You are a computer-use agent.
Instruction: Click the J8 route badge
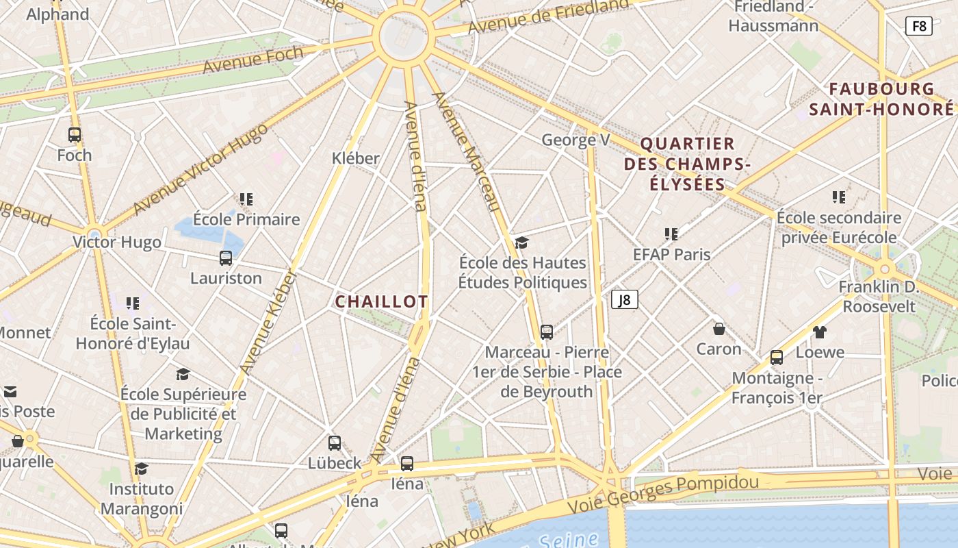(x=624, y=299)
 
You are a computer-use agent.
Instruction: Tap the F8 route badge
(x=918, y=26)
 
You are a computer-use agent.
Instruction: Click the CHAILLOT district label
(x=381, y=301)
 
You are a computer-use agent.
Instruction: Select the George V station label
(x=575, y=140)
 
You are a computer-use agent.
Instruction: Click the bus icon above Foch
(x=75, y=135)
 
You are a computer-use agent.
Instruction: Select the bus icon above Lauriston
(x=226, y=258)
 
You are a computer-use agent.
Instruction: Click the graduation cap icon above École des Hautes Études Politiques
(x=522, y=242)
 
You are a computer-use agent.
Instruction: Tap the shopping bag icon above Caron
(x=719, y=329)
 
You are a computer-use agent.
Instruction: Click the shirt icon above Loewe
(x=820, y=332)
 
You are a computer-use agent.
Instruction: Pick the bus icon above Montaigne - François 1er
(x=777, y=357)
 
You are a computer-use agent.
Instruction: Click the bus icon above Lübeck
(x=335, y=443)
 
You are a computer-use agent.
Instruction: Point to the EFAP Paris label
(x=671, y=254)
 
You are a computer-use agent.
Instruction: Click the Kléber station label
(x=355, y=158)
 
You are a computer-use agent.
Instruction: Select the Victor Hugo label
(x=117, y=242)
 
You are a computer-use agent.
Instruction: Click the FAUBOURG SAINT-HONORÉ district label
(x=881, y=99)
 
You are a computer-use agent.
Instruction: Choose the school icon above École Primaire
(x=246, y=199)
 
